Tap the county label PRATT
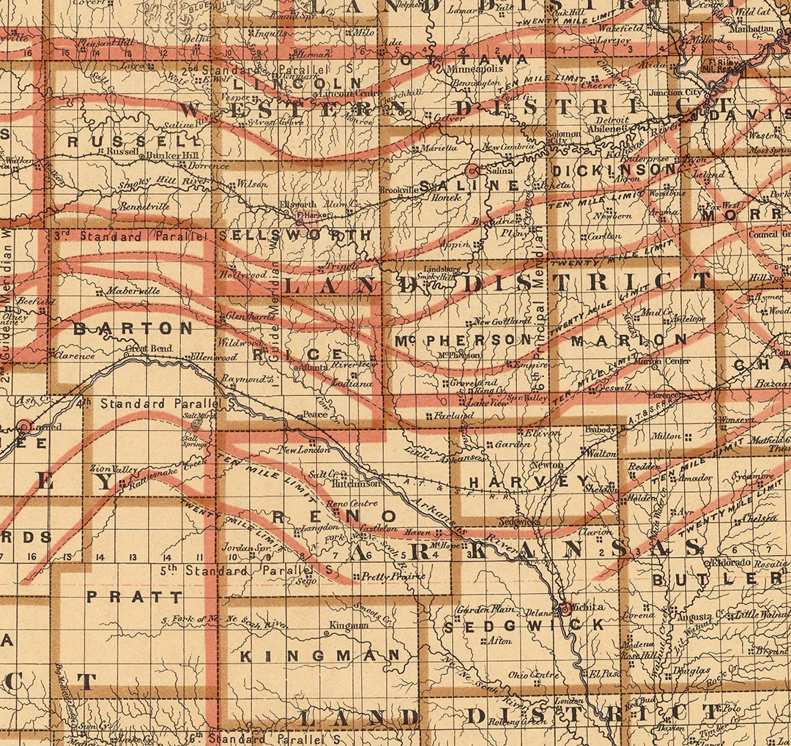[x=134, y=597]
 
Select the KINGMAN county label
[x=321, y=655]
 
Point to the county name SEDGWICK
[x=524, y=625]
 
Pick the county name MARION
[x=629, y=340]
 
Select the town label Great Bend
[x=149, y=349]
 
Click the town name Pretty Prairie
[x=393, y=576]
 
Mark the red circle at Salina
[x=472, y=171]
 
